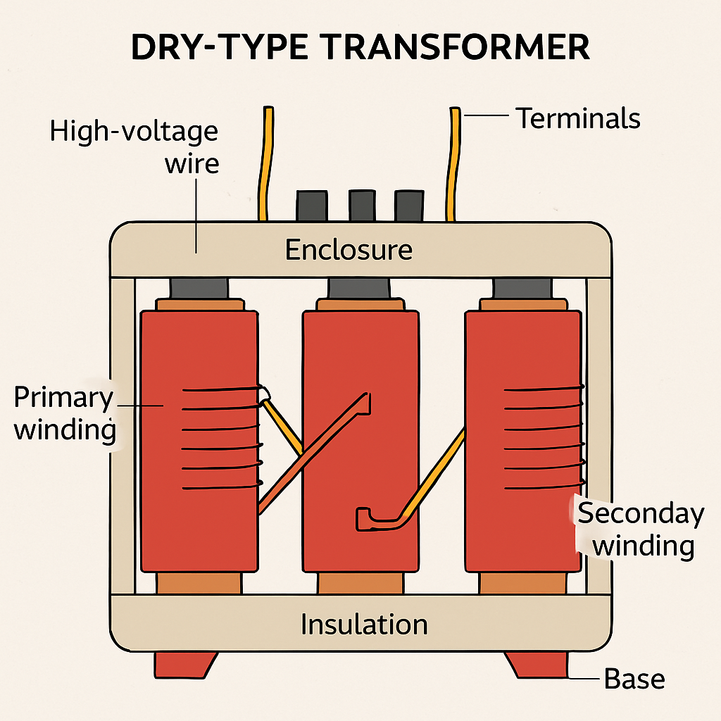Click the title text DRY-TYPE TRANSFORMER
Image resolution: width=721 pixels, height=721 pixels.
click(360, 49)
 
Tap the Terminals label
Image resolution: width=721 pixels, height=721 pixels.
click(578, 118)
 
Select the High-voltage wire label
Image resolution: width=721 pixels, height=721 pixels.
click(134, 147)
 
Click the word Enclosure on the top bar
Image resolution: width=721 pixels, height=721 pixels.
click(349, 249)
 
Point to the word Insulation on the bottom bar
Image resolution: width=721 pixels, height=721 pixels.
click(364, 625)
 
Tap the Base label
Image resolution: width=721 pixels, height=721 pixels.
click(634, 679)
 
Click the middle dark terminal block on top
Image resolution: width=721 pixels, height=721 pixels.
click(361, 205)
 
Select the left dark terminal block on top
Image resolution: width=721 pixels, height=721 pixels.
click(311, 205)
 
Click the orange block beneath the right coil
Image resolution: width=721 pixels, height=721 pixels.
click(523, 583)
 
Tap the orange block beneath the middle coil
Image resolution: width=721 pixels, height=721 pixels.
click(360, 583)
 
